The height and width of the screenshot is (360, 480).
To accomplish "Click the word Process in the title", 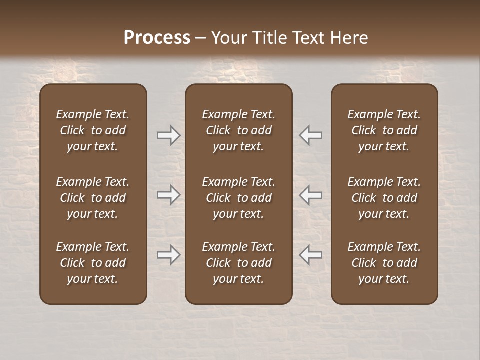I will click(157, 38).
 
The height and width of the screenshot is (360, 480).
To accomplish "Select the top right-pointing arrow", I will click(168, 135).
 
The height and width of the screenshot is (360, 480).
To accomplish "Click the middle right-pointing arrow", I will click(168, 195).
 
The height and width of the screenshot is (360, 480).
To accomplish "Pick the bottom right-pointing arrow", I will click(168, 255).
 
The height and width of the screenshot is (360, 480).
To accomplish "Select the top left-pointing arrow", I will click(311, 135).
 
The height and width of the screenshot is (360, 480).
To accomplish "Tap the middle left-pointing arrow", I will click(311, 195).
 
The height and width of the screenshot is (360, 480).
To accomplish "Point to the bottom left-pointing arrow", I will click(311, 255).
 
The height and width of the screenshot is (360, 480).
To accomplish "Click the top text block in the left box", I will click(93, 130).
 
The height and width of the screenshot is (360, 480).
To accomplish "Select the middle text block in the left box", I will click(93, 198).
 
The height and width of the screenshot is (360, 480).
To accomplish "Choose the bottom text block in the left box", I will click(93, 263).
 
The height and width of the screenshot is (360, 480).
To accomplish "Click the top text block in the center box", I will click(238, 130).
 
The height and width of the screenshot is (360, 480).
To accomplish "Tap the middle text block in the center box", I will click(238, 198).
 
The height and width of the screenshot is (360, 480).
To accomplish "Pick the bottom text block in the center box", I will click(238, 263).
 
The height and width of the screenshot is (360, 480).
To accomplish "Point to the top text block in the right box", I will click(384, 130).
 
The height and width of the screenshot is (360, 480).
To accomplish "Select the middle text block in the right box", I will click(384, 198).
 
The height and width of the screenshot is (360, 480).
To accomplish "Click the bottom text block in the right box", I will click(384, 263).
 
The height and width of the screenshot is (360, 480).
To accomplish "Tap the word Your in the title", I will click(228, 38).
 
